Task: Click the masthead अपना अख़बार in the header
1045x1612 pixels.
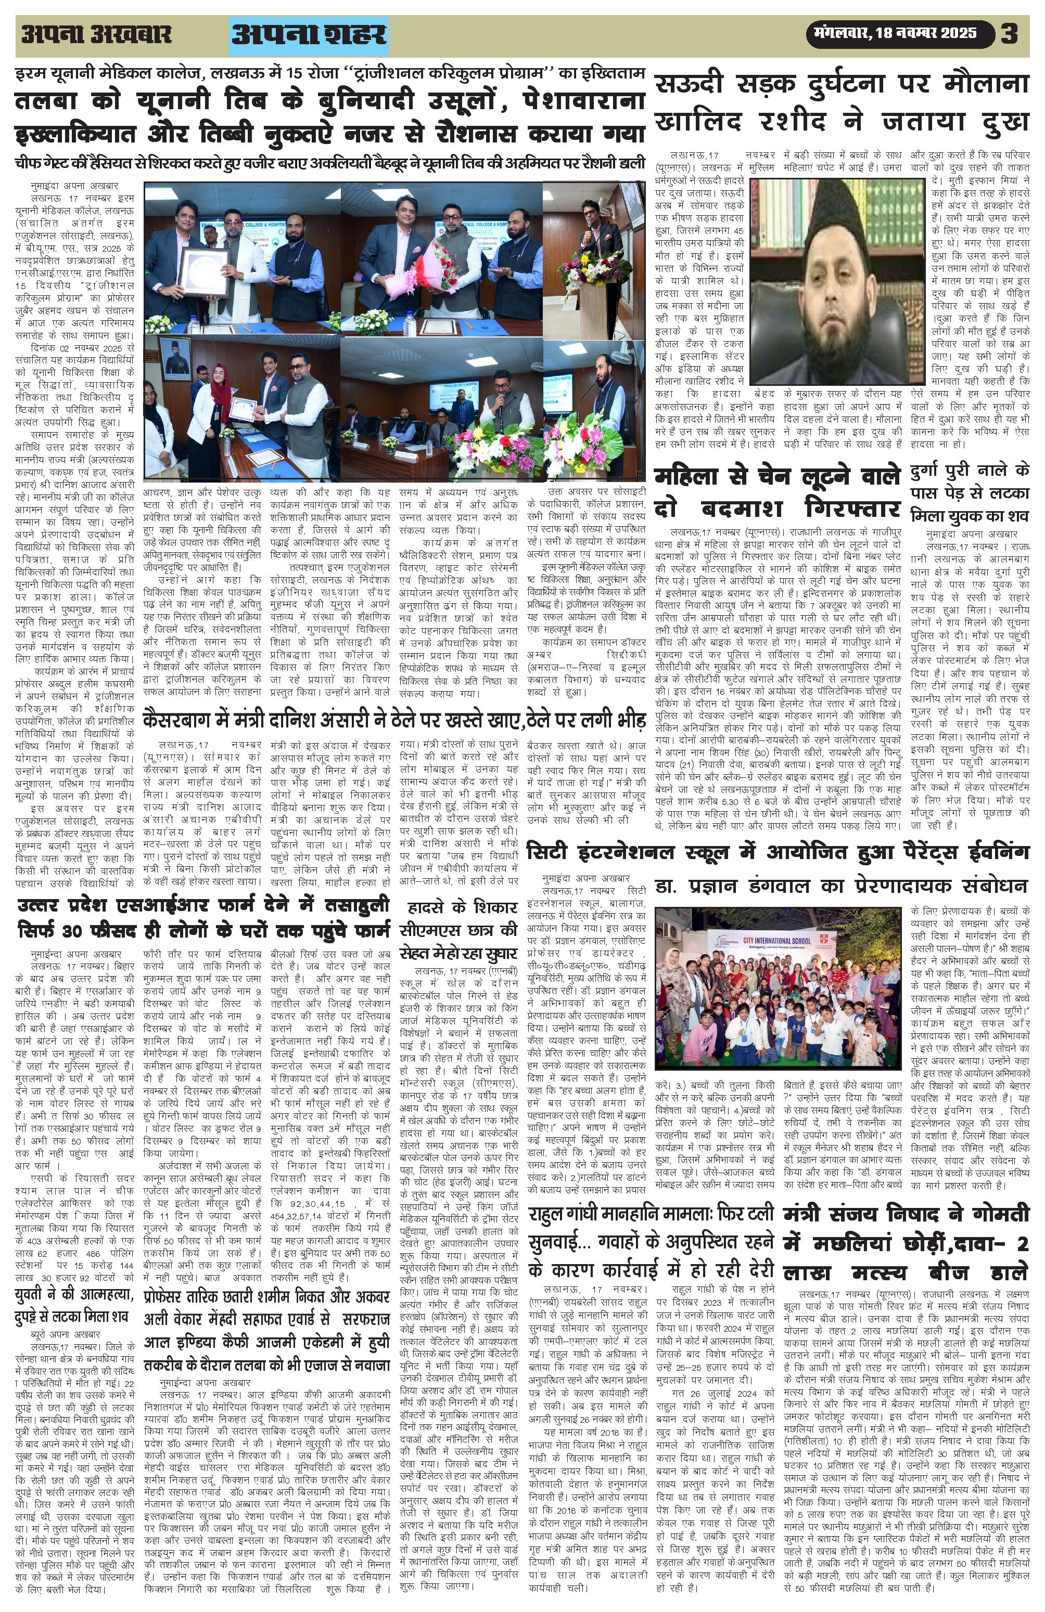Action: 96,34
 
